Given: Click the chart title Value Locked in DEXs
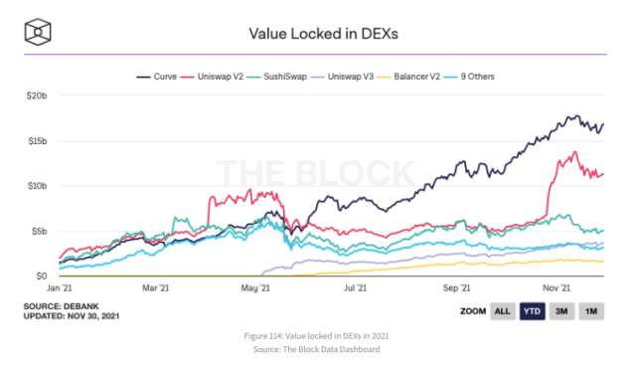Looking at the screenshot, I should coord(317,34).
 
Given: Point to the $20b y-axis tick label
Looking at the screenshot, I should coord(36,95).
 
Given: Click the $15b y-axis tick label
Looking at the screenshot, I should coord(36,140).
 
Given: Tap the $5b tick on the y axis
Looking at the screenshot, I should coord(38,231).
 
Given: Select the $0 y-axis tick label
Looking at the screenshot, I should coord(42,276).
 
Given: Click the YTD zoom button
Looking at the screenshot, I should coord(533,311).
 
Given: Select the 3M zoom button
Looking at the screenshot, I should coord(561,311).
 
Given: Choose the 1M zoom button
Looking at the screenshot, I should coord(591,311).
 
